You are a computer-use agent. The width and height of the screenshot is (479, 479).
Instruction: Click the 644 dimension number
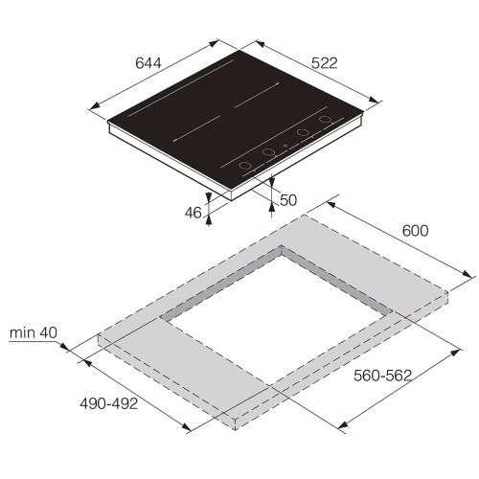146,64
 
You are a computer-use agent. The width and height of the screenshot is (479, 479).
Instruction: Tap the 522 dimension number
325,63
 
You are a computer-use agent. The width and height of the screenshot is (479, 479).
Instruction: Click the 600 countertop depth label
415,231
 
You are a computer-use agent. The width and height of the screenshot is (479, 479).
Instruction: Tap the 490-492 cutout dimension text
107,403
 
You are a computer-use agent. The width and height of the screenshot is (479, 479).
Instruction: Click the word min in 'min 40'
22,333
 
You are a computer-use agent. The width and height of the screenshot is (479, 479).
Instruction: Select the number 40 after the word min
48,333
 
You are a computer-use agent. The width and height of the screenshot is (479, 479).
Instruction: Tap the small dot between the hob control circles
285,148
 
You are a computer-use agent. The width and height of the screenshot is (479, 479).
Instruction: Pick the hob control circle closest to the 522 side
326,122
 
